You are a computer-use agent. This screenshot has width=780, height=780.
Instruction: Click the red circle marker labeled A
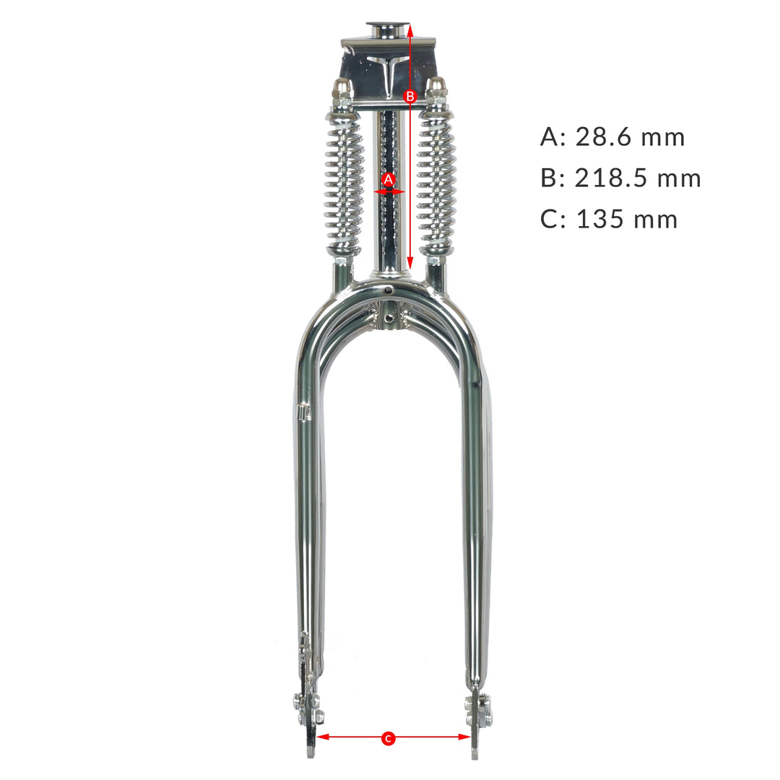point(389,178)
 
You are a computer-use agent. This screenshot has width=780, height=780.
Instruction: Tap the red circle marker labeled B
point(409,95)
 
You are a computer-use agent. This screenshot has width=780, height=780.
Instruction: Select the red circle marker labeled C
point(389,737)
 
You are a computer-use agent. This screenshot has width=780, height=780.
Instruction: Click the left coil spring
point(345,184)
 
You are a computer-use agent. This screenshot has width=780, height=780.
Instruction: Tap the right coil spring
point(437,184)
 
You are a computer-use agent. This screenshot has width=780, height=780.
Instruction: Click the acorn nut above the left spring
point(342,89)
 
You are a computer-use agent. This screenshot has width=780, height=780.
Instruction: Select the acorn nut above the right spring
point(435,87)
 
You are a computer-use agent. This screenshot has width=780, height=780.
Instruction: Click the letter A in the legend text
point(549,137)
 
